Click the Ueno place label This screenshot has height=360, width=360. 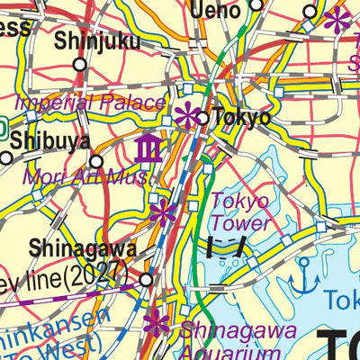[215, 10]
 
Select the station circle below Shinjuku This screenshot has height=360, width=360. [80, 64]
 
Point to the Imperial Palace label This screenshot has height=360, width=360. [91, 103]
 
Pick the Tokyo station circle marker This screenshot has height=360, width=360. [203, 118]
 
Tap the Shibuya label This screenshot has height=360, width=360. [50, 141]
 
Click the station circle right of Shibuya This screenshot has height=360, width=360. [96, 162]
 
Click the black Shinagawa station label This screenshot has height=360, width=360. [83, 248]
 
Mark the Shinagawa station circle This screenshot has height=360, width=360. [146, 280]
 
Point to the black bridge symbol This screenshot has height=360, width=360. [226, 247]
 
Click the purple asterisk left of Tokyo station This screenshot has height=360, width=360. [187, 114]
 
